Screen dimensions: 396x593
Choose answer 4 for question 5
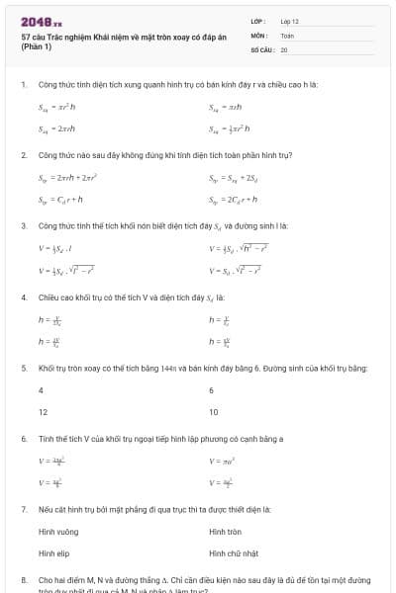click(x=41, y=390)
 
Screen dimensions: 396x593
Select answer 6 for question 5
click(x=212, y=390)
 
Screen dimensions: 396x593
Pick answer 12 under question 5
click(x=43, y=411)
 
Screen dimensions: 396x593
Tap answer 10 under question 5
click(x=214, y=411)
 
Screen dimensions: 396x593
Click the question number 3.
click(x=23, y=226)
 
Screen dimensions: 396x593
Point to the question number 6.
click(x=23, y=438)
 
